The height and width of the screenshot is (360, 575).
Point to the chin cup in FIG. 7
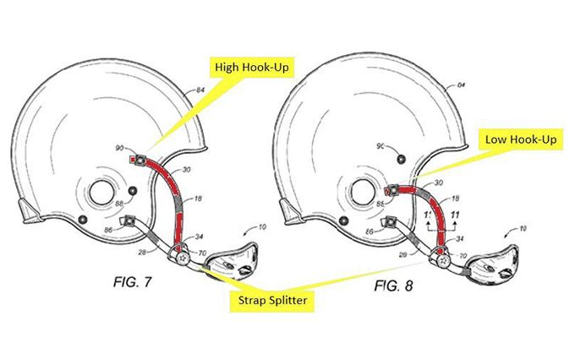point(231,257)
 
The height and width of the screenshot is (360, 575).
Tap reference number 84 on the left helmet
point(200,89)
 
